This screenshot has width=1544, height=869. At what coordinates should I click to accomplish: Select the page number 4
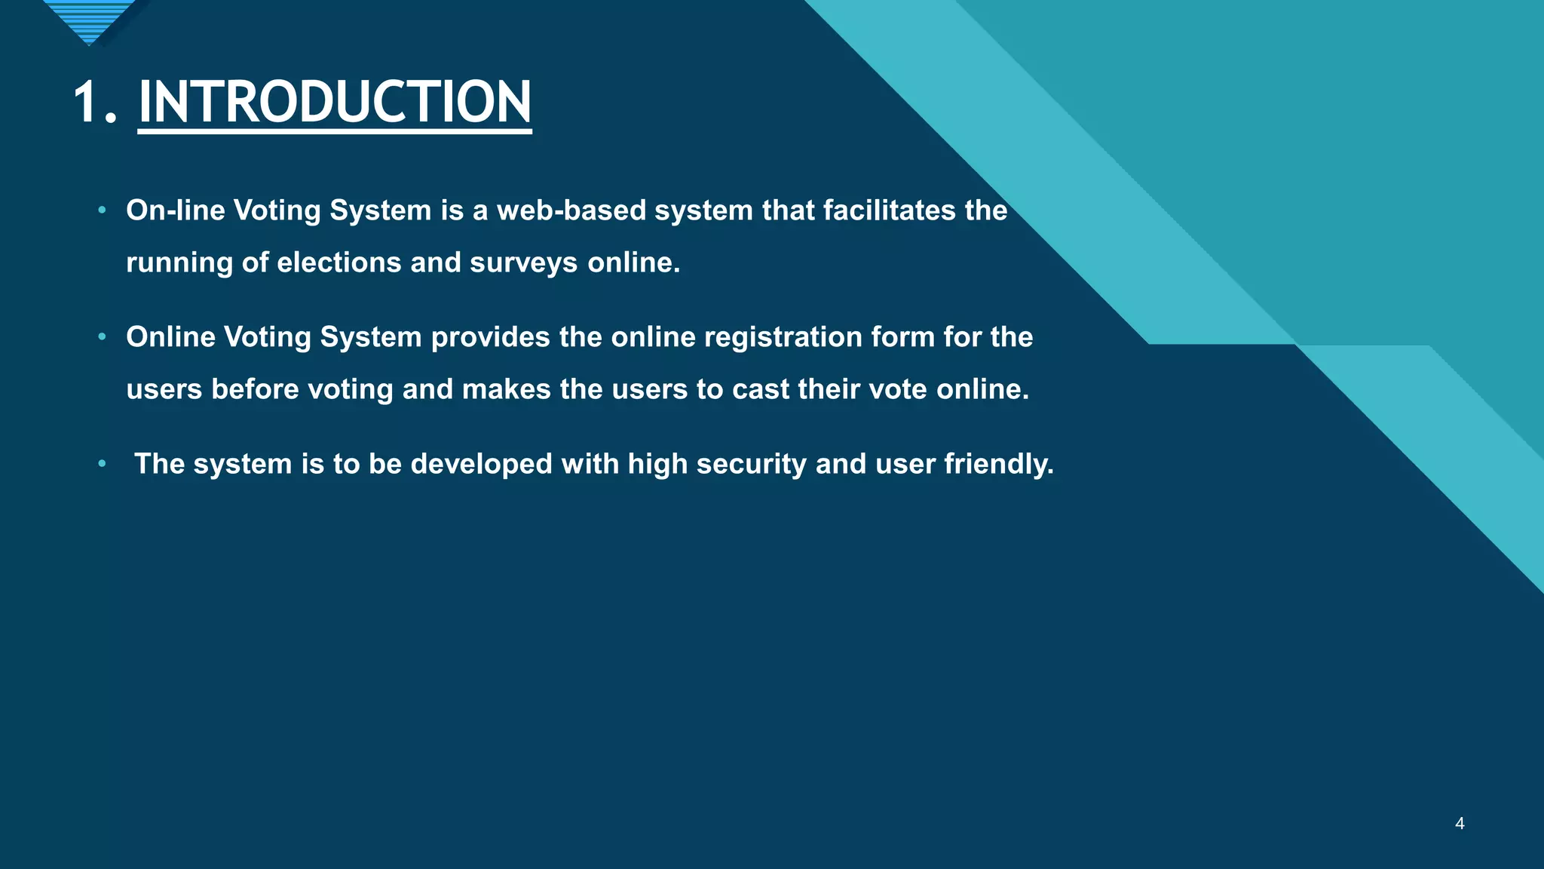(x=1460, y=824)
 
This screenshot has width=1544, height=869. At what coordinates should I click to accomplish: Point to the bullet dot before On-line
(x=102, y=210)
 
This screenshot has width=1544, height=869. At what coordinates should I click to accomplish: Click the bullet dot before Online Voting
(x=102, y=336)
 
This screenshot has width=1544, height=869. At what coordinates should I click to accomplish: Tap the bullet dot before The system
(x=102, y=463)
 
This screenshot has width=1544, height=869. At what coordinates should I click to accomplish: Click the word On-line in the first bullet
(x=176, y=210)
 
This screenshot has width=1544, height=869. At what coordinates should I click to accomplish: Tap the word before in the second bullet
(x=255, y=389)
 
